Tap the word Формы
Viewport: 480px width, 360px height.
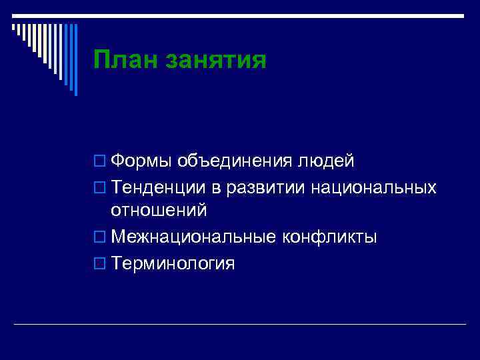click(142, 162)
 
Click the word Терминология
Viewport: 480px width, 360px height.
click(173, 263)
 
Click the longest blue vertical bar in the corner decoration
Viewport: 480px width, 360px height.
click(75, 60)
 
